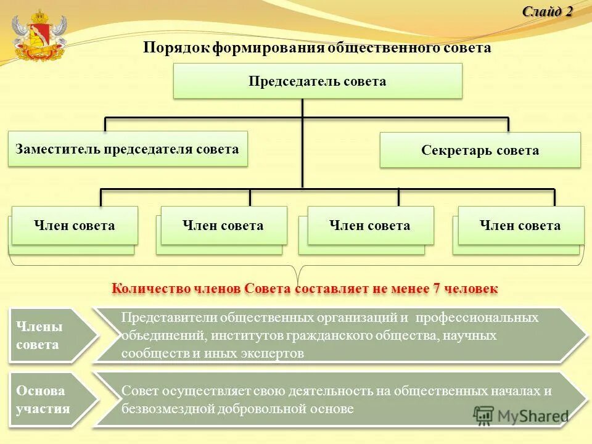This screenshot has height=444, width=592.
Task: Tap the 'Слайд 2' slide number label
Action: point(548,11)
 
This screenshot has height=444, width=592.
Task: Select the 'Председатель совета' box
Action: point(317,81)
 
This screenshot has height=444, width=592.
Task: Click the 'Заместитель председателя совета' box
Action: point(127,149)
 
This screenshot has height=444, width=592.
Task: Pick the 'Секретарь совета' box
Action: point(480,150)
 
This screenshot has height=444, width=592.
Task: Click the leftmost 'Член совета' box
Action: point(74,225)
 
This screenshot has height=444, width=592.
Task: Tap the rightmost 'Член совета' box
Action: point(520,225)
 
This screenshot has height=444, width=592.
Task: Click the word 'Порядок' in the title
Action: point(177,48)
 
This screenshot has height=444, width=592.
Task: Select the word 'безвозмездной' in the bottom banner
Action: point(166,408)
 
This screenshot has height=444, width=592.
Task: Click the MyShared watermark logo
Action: point(522,415)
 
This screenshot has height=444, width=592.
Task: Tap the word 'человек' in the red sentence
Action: point(471,288)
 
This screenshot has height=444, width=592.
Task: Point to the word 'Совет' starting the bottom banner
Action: point(139,390)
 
